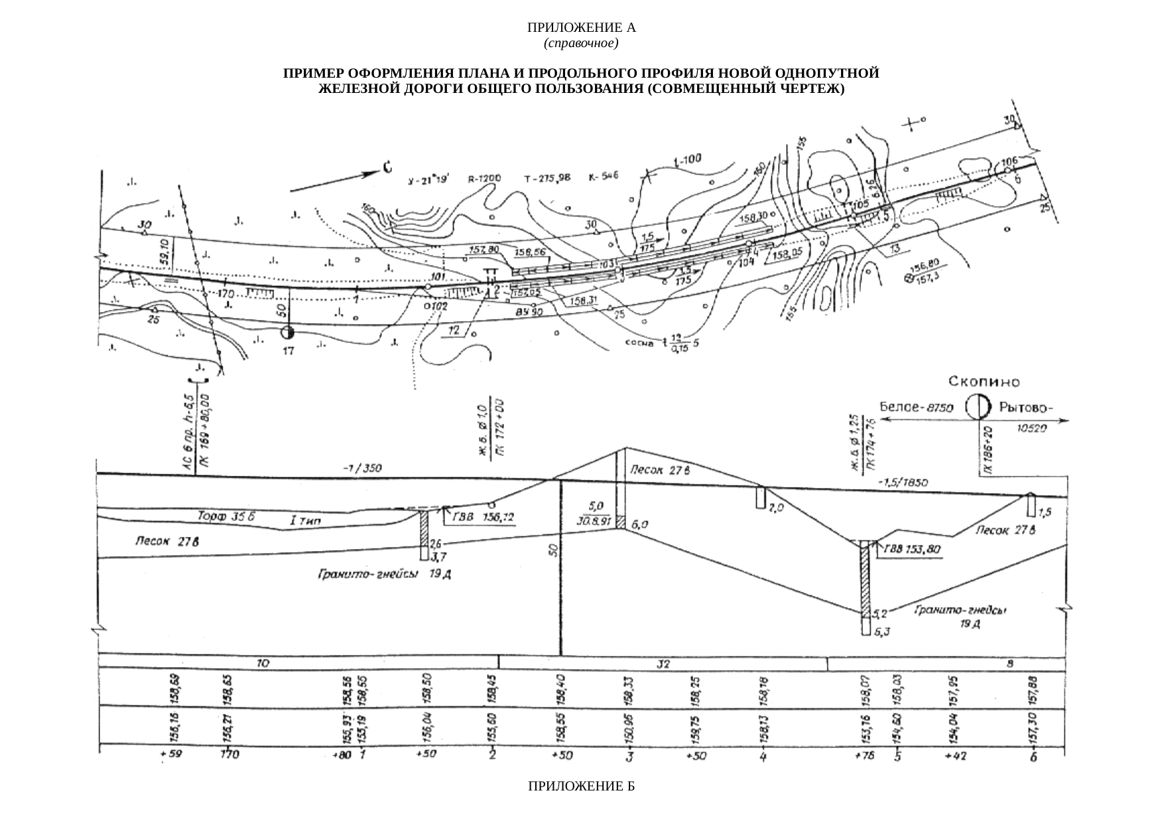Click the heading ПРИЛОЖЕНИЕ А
click(x=581, y=28)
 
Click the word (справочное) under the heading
click(x=581, y=44)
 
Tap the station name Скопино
click(x=984, y=382)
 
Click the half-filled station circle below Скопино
click(x=976, y=407)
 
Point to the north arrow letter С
click(x=386, y=169)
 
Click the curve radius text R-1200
click(x=484, y=179)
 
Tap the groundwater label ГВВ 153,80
click(x=913, y=550)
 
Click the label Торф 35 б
click(x=222, y=515)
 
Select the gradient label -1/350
click(x=361, y=469)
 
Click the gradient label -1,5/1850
click(x=902, y=482)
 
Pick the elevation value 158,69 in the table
click(x=175, y=689)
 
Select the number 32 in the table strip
click(x=663, y=663)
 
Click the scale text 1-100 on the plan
click(x=686, y=161)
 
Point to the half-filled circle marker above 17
click(x=287, y=333)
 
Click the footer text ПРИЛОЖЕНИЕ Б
click(x=581, y=787)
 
